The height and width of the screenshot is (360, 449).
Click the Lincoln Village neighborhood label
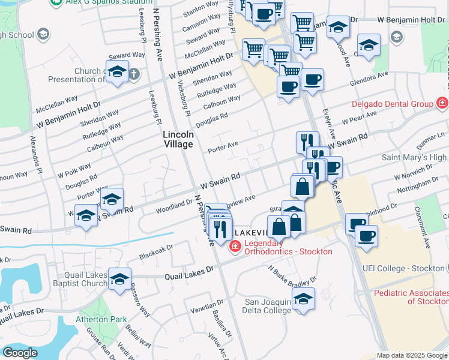click(178, 139)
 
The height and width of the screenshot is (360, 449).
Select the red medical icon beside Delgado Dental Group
click(442, 103)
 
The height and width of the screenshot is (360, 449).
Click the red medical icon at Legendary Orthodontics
click(235, 246)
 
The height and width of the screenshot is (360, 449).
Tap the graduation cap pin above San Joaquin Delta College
click(304, 299)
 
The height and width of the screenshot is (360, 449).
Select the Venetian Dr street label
click(207, 308)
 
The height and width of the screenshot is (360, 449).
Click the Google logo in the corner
click(20, 353)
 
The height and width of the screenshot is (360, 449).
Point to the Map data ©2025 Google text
click(412, 355)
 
